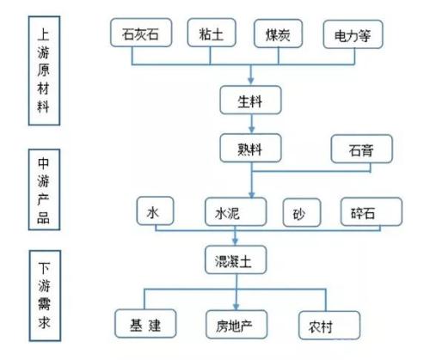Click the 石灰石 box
[141, 33]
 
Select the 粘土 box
[212, 33]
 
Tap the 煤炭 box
[278, 34]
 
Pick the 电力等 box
[353, 34]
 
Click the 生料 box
[250, 100]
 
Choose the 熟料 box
[250, 148]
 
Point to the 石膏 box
[361, 149]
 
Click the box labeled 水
[155, 211]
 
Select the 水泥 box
[236, 211]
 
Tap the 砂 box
[302, 212]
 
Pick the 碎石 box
[372, 211]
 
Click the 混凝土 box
[236, 259]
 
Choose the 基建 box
[145, 324]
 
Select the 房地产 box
[236, 325]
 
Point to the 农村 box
[329, 326]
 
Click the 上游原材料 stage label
[44, 70]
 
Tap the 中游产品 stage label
[44, 190]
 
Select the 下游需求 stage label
[45, 296]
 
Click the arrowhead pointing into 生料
[251, 81]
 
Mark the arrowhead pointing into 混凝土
[236, 241]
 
